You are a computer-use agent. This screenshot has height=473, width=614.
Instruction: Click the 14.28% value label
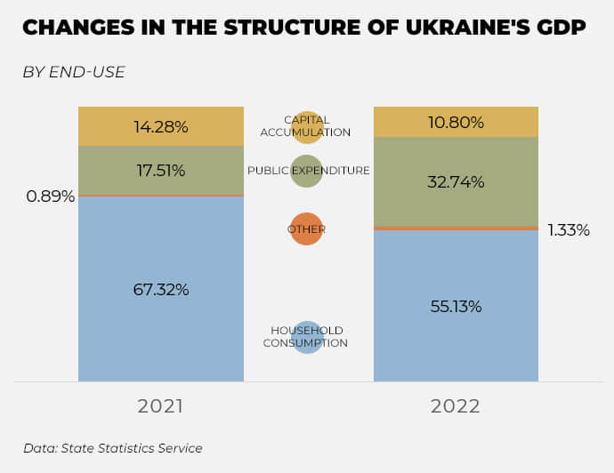161,127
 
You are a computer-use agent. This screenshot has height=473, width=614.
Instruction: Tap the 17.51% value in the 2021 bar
160,171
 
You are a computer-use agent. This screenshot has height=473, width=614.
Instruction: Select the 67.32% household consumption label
161,290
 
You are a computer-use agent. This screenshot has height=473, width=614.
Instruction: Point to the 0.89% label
50,196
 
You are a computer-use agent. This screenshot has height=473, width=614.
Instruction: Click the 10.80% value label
456,123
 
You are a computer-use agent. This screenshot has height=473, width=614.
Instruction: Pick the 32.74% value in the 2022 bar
456,182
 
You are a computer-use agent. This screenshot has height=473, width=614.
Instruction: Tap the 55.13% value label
455,307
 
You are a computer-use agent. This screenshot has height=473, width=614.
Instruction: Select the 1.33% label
569,230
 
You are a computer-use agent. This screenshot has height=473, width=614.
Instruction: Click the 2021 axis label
160,406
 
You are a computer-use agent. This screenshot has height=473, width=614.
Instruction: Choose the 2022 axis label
456,406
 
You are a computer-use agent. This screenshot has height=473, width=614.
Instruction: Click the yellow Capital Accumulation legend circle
307,127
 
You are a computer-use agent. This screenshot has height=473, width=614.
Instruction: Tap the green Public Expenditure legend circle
306,171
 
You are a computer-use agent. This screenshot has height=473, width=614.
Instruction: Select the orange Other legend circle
306,229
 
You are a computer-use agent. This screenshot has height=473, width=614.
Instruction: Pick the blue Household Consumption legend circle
306,337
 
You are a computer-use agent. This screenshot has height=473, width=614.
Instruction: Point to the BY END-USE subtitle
74,72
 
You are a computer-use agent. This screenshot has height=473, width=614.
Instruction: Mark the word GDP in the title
561,28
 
